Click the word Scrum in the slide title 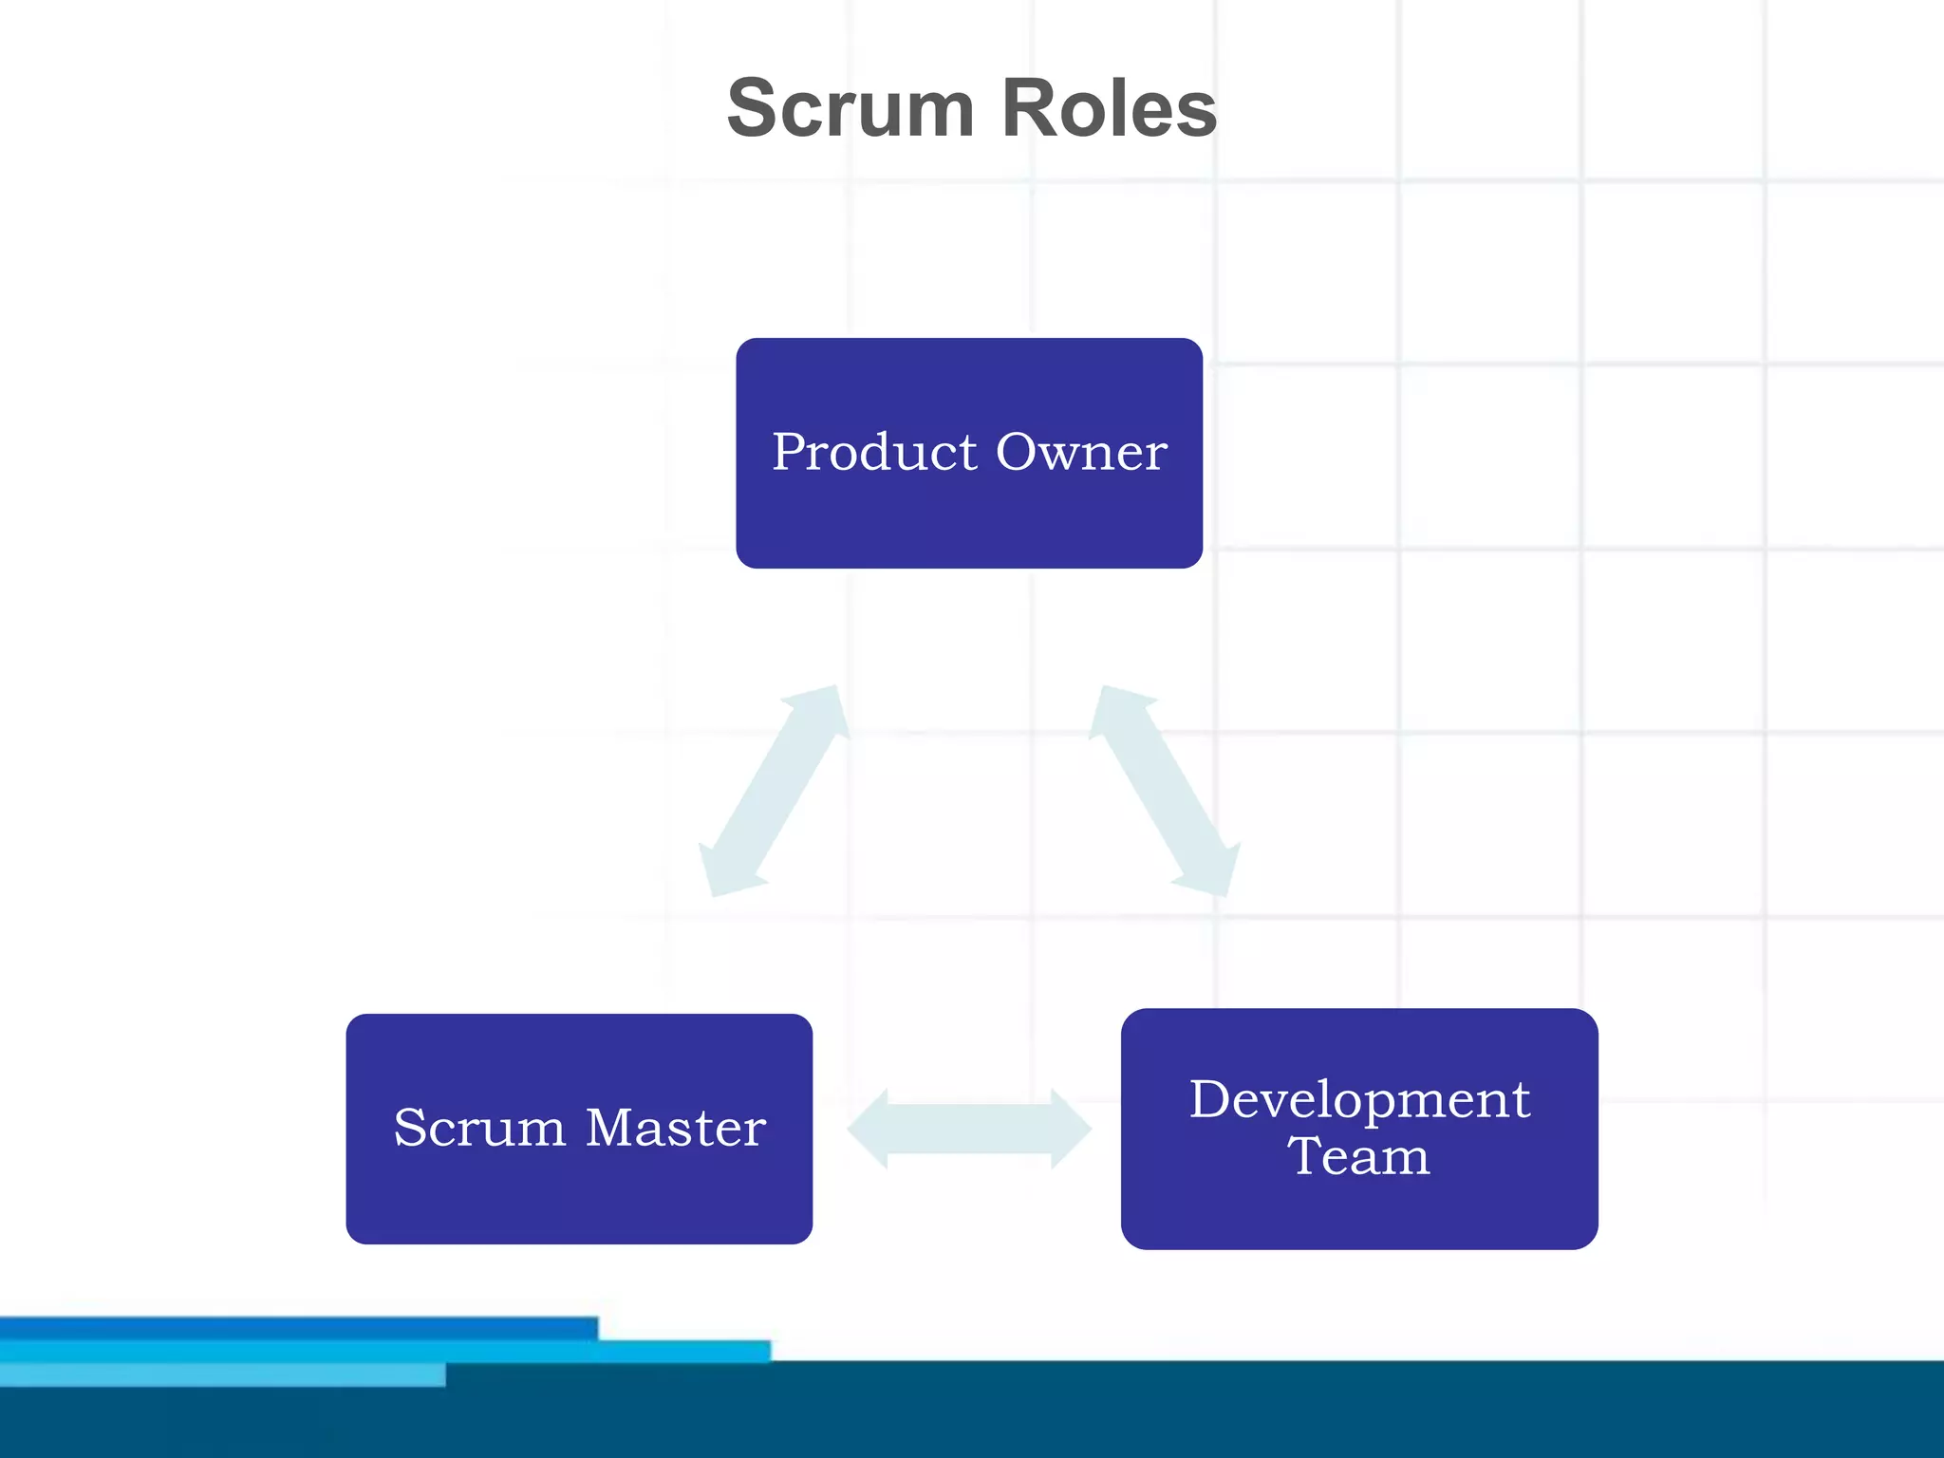tap(850, 108)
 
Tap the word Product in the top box tap(874, 452)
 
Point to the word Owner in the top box tap(1081, 452)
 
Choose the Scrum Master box tap(579, 1196)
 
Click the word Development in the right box tap(1359, 1099)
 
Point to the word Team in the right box tap(1358, 1156)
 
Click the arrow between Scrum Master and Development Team tap(969, 1129)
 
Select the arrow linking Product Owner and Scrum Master tap(774, 791)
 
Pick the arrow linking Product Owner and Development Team tap(1165, 791)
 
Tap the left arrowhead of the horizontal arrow tap(869, 1129)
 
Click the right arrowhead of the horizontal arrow tap(1071, 1129)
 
